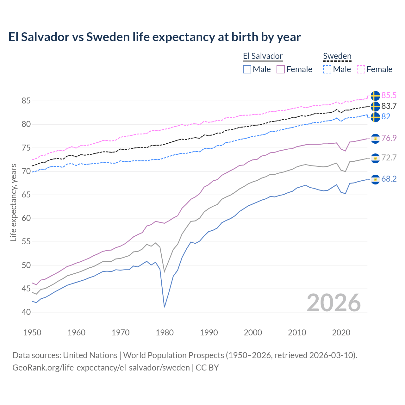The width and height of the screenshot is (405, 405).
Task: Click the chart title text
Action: point(154,37)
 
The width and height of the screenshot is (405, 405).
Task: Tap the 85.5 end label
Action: point(389,95)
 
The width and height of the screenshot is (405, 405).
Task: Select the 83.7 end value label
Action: point(389,106)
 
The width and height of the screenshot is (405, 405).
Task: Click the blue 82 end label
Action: point(386,116)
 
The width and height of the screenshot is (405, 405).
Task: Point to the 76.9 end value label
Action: point(389,138)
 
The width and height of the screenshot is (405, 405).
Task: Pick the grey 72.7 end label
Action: point(389,158)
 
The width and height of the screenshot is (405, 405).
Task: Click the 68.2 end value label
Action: point(389,179)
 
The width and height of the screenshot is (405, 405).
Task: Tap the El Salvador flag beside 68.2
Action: point(375,179)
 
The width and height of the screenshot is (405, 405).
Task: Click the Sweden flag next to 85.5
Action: point(375,96)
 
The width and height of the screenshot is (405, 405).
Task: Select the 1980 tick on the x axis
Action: point(165,333)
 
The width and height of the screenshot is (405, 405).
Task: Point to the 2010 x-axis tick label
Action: point(297,333)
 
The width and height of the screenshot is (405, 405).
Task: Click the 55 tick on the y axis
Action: point(26,242)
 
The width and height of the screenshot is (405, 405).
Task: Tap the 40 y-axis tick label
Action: point(26,312)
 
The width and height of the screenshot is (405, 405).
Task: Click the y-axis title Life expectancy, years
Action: point(13,202)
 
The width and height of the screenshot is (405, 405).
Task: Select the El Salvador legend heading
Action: point(263,56)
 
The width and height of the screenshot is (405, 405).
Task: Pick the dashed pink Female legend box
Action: point(361,69)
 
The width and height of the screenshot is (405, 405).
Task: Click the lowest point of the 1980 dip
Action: point(165,307)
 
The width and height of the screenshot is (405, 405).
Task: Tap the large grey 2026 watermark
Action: point(334,303)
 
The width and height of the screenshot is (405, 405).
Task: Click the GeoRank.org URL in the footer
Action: point(101,368)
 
